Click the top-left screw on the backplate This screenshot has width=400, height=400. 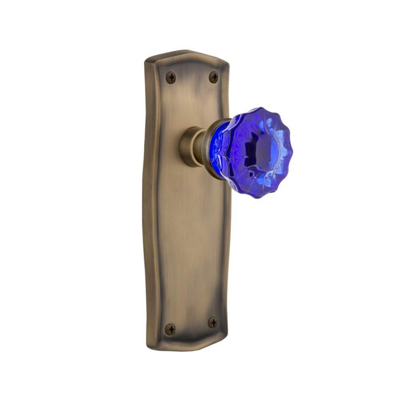171,77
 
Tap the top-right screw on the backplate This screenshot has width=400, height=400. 214,77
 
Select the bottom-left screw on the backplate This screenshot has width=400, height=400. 170,329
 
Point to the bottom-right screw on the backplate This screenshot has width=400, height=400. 213,322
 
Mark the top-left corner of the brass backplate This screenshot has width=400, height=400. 146,61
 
